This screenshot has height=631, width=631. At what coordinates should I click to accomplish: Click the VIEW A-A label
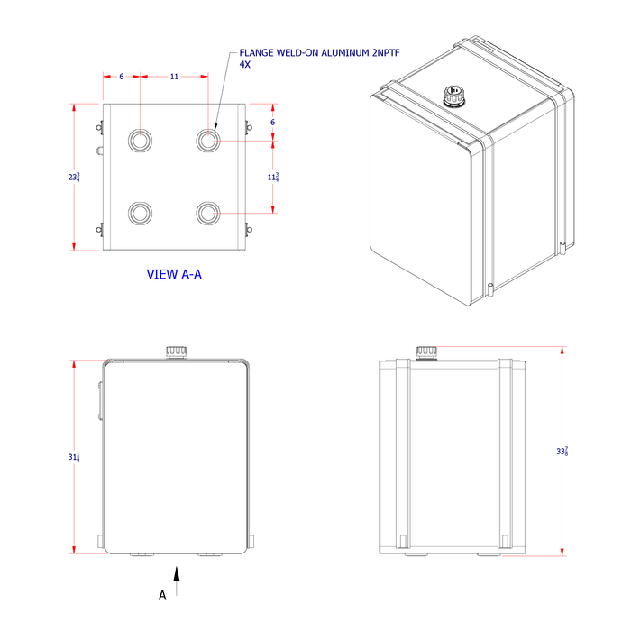click(x=174, y=274)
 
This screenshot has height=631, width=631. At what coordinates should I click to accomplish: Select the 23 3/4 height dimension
click(x=75, y=178)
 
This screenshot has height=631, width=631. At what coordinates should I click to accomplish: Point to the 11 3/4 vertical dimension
click(x=272, y=178)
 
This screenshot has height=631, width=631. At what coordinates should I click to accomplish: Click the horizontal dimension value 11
click(x=174, y=77)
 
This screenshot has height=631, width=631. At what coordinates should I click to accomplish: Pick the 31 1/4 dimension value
click(x=75, y=458)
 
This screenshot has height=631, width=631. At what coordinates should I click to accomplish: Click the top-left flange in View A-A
click(x=141, y=140)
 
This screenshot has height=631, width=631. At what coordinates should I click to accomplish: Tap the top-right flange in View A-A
click(x=208, y=140)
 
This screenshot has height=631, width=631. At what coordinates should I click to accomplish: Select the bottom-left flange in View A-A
click(x=141, y=213)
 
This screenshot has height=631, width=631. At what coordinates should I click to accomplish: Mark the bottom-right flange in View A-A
click(x=208, y=213)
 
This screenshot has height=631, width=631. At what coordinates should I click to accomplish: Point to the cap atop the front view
click(x=175, y=351)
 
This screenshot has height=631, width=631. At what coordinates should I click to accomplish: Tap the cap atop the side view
click(x=425, y=352)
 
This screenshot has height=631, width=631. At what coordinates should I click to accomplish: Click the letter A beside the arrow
click(x=162, y=595)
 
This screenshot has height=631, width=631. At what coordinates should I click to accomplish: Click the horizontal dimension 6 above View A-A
click(x=122, y=77)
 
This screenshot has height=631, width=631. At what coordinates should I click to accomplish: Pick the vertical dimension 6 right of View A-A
click(x=272, y=122)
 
